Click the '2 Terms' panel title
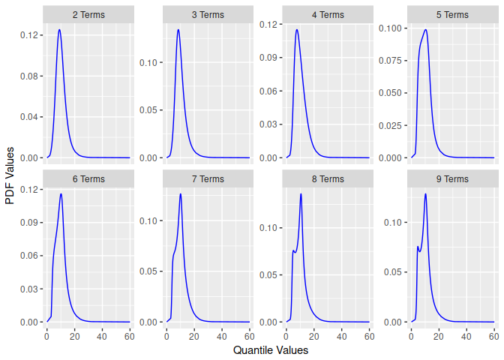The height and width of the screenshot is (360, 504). (88, 15)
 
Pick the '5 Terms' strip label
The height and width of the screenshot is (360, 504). (452, 15)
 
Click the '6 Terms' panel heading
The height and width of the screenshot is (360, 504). (88, 179)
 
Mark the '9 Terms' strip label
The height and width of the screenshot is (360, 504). (452, 179)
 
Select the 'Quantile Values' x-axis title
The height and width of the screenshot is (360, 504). (271, 350)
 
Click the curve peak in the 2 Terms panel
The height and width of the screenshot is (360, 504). (59, 30)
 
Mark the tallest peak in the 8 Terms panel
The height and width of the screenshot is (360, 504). (301, 194)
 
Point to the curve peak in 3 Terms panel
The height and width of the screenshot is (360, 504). (178, 30)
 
